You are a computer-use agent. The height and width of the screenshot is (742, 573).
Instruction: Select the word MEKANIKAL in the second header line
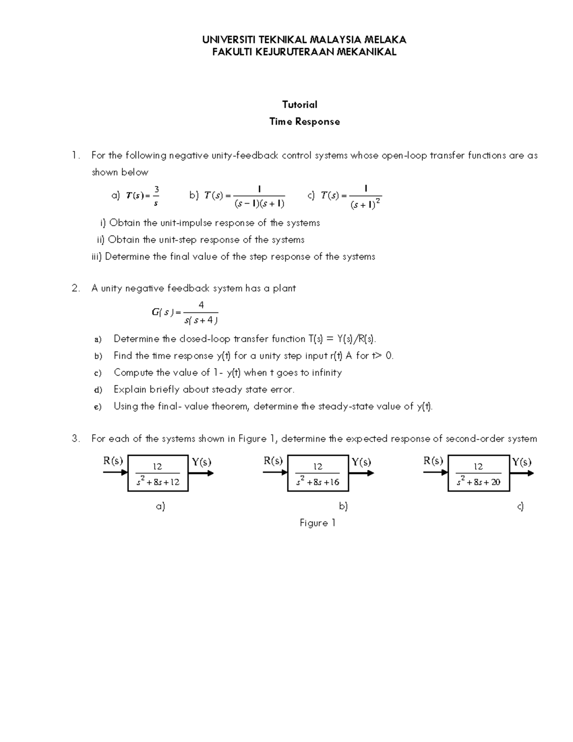point(367,52)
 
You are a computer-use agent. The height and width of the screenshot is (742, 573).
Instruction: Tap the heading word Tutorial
point(299,105)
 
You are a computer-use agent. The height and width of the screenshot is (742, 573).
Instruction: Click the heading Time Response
point(305,121)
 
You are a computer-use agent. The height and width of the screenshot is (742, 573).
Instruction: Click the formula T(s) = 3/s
point(141,195)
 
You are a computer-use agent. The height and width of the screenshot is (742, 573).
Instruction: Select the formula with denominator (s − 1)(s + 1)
point(244,196)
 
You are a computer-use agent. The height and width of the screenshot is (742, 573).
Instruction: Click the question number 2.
point(75,288)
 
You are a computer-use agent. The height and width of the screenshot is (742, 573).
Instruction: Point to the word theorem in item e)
point(231,407)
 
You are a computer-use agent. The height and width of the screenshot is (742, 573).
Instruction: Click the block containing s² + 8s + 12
point(158,473)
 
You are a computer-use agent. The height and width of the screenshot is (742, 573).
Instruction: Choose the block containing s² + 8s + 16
point(318,473)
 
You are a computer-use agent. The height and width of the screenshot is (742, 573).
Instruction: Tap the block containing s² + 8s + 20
point(478,473)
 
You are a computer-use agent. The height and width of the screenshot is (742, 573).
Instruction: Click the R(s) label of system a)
point(113,461)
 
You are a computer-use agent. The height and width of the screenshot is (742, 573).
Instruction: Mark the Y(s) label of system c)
point(522,462)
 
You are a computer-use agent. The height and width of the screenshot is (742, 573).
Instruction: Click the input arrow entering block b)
point(275,473)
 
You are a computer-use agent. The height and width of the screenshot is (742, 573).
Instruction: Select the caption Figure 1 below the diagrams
point(318,523)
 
